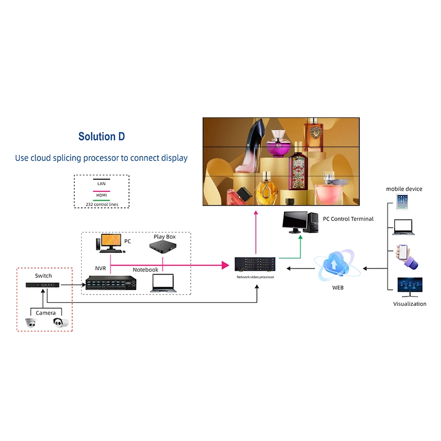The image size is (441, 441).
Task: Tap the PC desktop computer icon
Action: click(x=110, y=243)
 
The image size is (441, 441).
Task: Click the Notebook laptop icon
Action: click(x=163, y=282)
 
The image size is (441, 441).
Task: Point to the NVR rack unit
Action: click(x=110, y=283)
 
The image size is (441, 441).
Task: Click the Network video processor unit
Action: click(x=255, y=265)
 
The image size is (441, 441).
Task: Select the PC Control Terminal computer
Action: click(x=298, y=222)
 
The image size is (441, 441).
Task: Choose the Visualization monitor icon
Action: click(x=410, y=287)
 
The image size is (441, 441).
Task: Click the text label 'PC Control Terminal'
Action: click(x=348, y=219)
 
